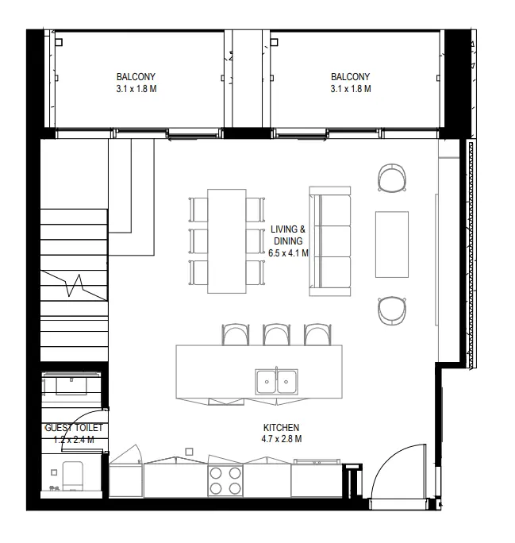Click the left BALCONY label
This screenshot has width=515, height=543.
point(136,77)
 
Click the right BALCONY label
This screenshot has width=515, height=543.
point(350,77)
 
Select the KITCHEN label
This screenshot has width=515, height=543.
point(281,427)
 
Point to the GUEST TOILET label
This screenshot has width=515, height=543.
point(73,428)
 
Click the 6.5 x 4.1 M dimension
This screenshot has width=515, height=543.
point(289,253)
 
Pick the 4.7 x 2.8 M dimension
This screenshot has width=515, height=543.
point(281,439)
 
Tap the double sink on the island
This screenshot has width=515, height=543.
point(275,382)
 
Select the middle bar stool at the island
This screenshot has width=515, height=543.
point(275,334)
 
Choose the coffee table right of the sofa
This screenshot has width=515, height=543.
point(392,244)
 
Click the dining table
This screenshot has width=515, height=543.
point(227,241)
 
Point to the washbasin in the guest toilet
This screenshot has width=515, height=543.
point(71,385)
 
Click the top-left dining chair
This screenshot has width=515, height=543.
point(198,208)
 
